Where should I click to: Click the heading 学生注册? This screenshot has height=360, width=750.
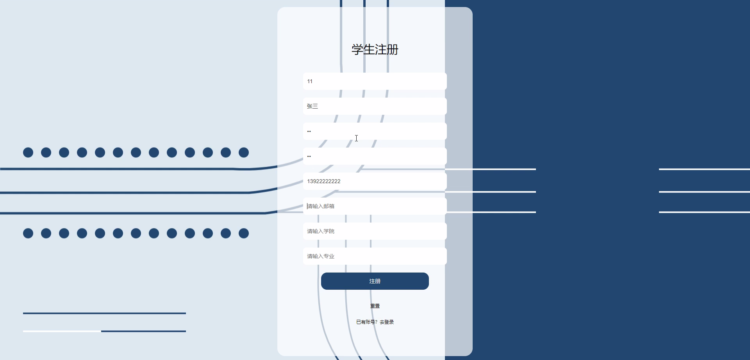[x=375, y=50]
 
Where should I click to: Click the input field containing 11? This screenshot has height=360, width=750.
[x=375, y=81]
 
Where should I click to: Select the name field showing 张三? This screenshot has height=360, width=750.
[x=375, y=106]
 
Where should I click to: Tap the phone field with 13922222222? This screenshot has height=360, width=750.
[x=375, y=181]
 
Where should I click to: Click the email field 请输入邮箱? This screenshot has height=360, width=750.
[x=375, y=206]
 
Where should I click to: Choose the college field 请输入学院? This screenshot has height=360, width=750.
[x=375, y=231]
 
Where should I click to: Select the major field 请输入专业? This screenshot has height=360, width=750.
[x=375, y=256]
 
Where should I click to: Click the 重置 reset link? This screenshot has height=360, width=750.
[x=375, y=306]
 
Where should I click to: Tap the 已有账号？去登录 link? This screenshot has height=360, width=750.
[x=375, y=322]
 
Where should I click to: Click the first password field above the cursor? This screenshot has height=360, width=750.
[x=375, y=131]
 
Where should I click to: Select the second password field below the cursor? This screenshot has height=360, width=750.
[x=375, y=156]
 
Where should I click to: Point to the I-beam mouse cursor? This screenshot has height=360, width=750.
[x=356, y=138]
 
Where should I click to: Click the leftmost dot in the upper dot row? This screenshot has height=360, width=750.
[x=28, y=153]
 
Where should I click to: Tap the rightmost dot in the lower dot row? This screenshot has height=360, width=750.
[x=244, y=233]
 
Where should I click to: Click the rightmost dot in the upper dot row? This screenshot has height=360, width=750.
[x=244, y=153]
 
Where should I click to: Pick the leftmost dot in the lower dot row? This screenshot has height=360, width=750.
[x=28, y=233]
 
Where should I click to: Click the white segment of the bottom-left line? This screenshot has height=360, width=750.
[x=62, y=331]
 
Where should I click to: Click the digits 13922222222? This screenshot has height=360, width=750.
[x=323, y=181]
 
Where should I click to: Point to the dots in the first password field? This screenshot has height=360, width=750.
[x=309, y=131]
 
